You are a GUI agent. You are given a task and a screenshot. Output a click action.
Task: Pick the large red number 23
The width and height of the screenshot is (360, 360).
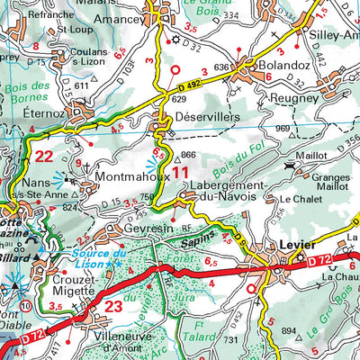pos(114,306)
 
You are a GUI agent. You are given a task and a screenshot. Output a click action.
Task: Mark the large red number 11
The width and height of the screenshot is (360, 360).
pos(181,170)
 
